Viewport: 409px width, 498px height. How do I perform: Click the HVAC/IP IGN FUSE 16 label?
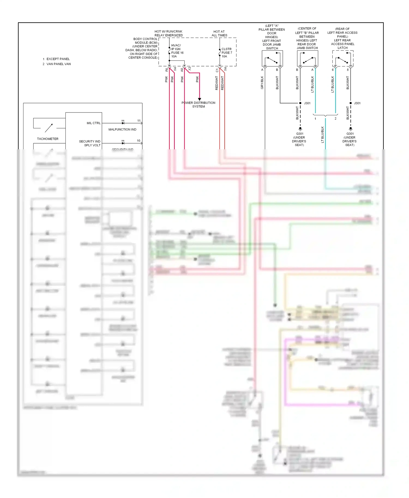pyautogui.click(x=177, y=51)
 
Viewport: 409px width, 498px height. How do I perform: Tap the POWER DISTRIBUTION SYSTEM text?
pyautogui.click(x=198, y=105)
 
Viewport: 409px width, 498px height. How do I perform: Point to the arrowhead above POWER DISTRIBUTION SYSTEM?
pyautogui.click(x=199, y=99)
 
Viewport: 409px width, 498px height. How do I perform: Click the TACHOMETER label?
pyautogui.click(x=48, y=139)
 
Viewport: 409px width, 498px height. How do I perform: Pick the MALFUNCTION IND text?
pyautogui.click(x=122, y=130)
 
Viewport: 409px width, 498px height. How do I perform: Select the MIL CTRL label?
pyautogui.click(x=94, y=123)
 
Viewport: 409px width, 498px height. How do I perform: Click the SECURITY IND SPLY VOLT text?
pyautogui.click(x=90, y=143)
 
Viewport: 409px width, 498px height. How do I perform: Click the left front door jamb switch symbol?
pyautogui.click(x=272, y=59)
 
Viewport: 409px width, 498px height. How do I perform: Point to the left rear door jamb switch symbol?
pyautogui.click(x=307, y=59)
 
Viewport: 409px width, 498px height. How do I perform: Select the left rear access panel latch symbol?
pyautogui.click(x=343, y=59)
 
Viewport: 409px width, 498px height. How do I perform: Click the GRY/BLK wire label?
pyautogui.click(x=262, y=83)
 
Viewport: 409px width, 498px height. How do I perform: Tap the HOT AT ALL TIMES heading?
pyautogui.click(x=219, y=34)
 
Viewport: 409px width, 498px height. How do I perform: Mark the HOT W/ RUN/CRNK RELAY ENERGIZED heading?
pyautogui.click(x=169, y=34)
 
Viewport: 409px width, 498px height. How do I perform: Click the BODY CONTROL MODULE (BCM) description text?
pyautogui.click(x=143, y=48)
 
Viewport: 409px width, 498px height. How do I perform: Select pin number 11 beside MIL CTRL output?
pyautogui.click(x=139, y=121)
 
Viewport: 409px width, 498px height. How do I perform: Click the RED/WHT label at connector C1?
pyautogui.click(x=217, y=83)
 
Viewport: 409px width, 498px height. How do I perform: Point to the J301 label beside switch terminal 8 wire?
pyautogui.click(x=357, y=103)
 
